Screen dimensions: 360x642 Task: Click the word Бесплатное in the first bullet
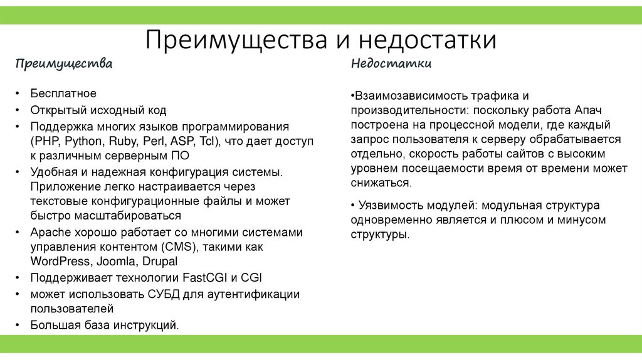click(x=63, y=93)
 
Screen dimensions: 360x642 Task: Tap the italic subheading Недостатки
click(x=391, y=64)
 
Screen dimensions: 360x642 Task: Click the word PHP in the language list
click(x=45, y=141)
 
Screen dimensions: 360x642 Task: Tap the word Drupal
click(x=159, y=262)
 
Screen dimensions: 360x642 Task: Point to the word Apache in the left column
click(x=49, y=233)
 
